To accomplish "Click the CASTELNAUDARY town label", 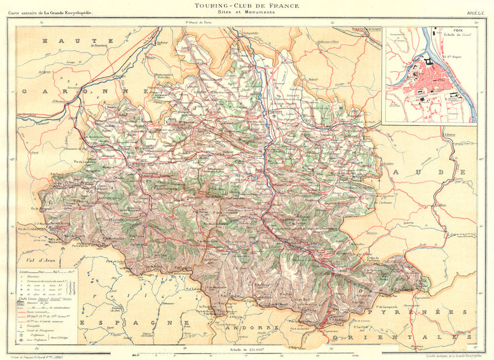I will click(x=367, y=29).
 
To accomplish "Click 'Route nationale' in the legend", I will click(x=47, y=313).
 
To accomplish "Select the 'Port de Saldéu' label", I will click(x=300, y=322).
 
